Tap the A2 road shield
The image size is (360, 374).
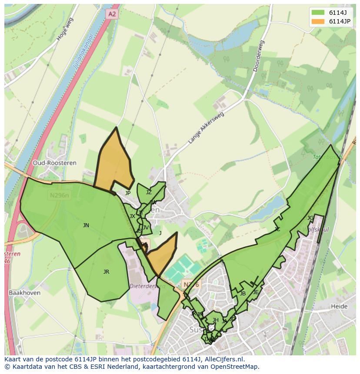click(x=112, y=14)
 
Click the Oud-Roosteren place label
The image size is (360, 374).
click(x=54, y=163)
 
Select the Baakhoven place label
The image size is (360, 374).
click(x=24, y=293)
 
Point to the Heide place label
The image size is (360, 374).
click(x=339, y=306)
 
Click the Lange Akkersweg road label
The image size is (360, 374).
click(x=206, y=128)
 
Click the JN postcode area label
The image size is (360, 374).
click(x=86, y=225)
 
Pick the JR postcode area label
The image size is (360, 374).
click(x=106, y=271)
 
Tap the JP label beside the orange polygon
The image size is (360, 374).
click(x=127, y=193)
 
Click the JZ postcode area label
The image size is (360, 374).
click(x=149, y=192)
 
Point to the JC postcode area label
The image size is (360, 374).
click(x=277, y=229)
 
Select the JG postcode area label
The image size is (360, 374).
click(x=310, y=218)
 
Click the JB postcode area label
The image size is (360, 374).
click(x=243, y=293)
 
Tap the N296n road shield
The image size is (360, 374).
click(x=59, y=195)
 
